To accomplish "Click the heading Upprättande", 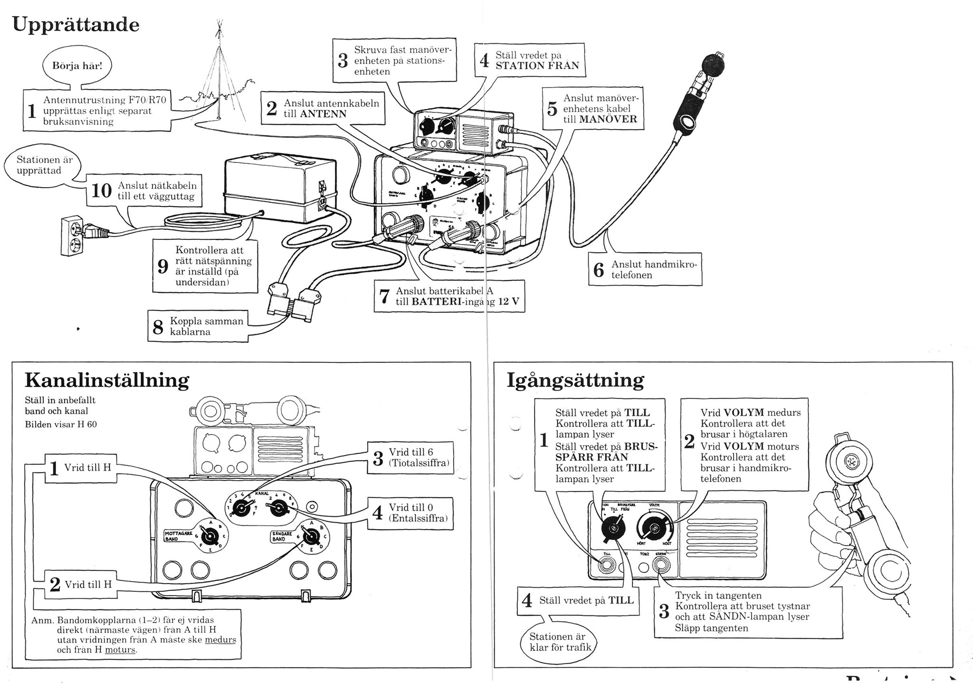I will coord(76,25).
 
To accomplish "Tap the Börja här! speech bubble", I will coord(77,66).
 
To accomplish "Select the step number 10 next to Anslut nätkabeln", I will coord(101,191).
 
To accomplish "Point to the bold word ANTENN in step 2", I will coord(323,114).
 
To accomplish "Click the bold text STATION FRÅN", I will coord(537,66).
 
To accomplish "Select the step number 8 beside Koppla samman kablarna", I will coord(158,327).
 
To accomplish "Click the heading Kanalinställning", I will coord(107,380).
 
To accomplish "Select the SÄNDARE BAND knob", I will coord(311,537).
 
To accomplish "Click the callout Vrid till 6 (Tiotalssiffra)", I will coord(410,458).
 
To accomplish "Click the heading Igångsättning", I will coord(575,380).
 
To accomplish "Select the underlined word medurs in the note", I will coord(220,640).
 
